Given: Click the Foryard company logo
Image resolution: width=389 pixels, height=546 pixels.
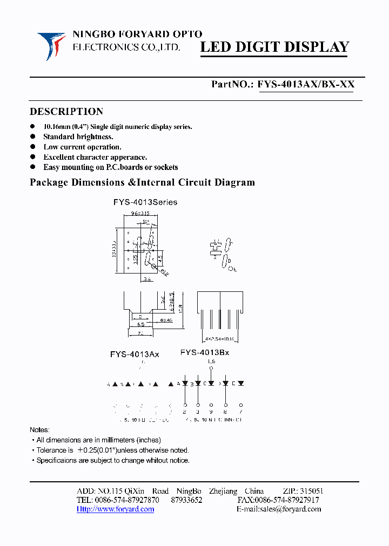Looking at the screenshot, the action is coord(51,45).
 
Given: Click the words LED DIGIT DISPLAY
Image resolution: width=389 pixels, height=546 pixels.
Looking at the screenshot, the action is coord(274,47).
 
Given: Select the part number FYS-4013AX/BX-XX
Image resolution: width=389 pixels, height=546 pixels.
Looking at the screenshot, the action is coord(306,84).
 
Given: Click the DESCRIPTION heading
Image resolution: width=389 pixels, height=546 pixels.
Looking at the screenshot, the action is coord(66,112).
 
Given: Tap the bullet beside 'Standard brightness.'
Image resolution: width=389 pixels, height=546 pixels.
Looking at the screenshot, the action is coord(32,136).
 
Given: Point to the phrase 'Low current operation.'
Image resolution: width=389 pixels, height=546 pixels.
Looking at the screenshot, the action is coord(82,147).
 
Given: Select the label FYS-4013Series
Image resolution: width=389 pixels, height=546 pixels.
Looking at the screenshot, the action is coord(145,202).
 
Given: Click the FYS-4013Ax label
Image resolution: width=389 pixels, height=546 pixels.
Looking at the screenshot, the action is coord(135,354).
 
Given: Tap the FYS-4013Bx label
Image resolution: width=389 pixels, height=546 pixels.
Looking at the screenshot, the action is coord(205,352).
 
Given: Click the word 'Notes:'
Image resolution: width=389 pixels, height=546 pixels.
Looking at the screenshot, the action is coord(39,430).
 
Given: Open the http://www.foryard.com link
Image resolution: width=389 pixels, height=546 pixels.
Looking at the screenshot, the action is coord(115,509).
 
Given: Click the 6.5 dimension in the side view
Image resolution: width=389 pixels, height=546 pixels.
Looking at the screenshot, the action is coord(140,325).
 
